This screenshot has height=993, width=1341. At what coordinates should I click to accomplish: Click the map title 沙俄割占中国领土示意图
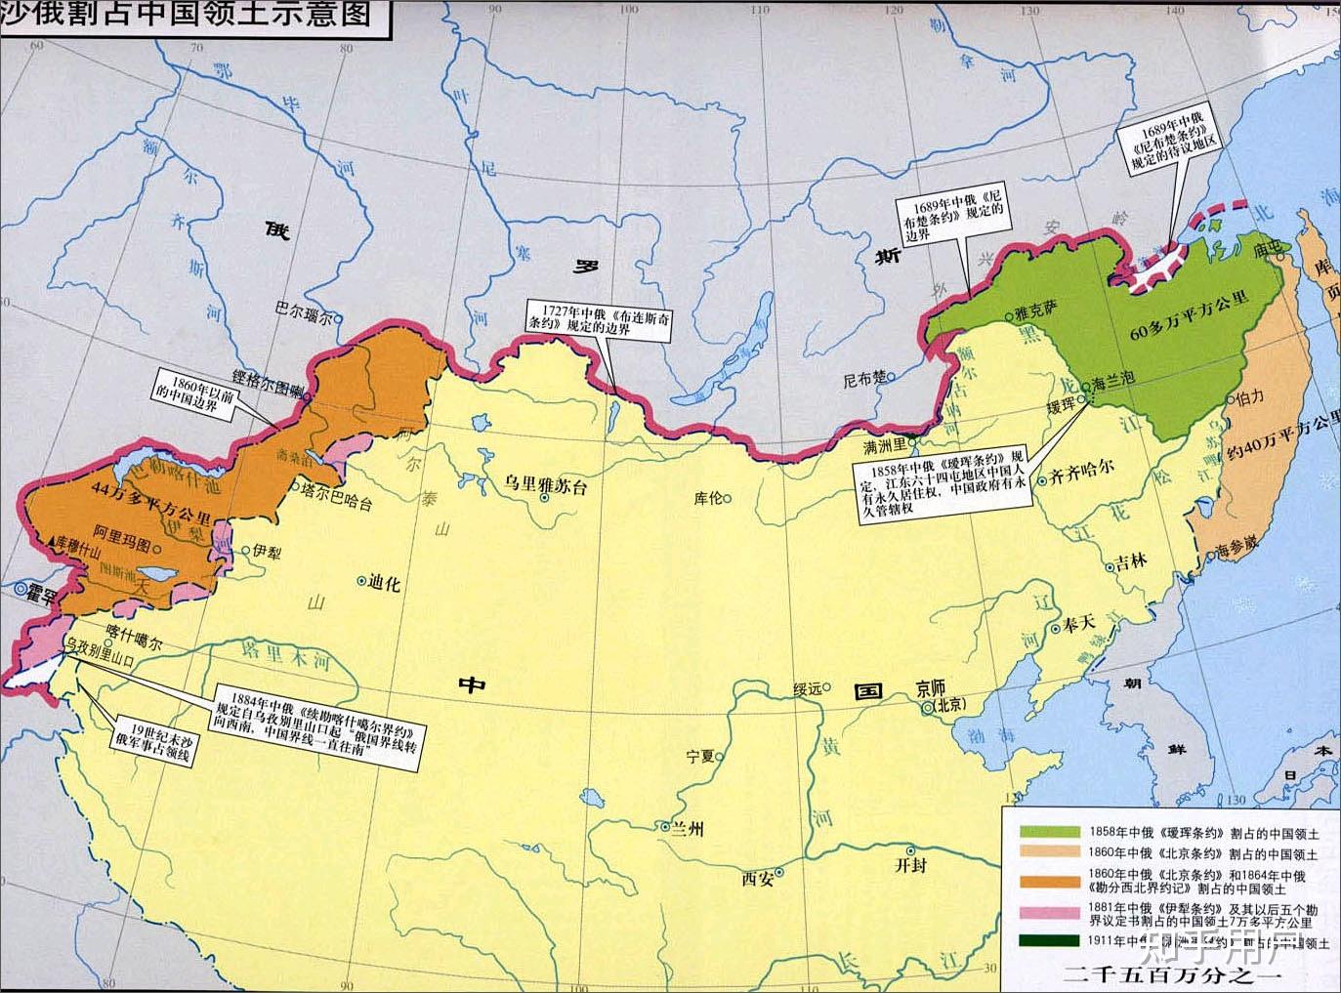point(186,17)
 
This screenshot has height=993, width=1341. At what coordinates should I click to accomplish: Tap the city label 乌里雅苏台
point(546,487)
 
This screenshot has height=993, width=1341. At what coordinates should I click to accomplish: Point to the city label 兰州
point(687,829)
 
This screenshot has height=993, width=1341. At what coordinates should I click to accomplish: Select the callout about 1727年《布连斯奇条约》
point(599,317)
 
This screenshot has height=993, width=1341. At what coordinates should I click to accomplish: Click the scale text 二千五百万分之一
point(1171,974)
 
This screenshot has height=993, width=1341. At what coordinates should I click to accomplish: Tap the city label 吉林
point(1130,563)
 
